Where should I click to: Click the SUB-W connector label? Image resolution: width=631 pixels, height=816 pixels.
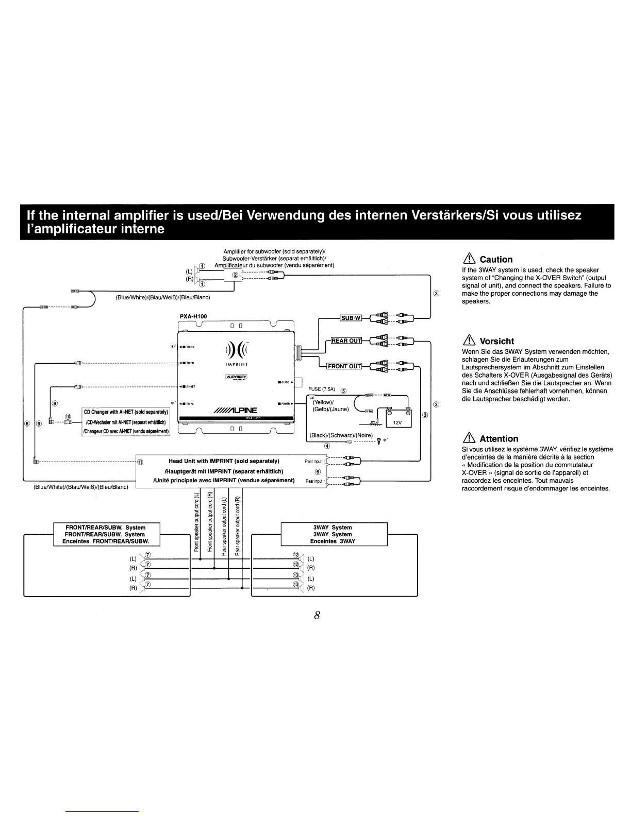[x=351, y=318]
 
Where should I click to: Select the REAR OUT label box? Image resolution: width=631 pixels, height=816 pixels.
[x=346, y=341]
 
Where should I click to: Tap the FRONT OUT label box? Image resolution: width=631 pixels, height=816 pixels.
[x=344, y=366]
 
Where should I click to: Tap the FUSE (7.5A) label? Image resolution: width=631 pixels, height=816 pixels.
[x=322, y=389]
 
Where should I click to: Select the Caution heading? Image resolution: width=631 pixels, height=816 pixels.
[x=495, y=260]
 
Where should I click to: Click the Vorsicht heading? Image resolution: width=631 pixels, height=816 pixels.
[x=496, y=341]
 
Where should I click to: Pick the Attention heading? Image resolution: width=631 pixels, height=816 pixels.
[x=499, y=439]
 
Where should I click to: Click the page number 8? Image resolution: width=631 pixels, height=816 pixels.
[x=317, y=615]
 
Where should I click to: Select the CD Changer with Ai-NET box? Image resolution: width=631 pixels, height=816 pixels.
[x=126, y=421]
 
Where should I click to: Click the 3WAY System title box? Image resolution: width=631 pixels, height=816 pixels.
[x=333, y=534]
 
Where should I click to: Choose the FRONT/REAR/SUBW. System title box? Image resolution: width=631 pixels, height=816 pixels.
[x=107, y=534]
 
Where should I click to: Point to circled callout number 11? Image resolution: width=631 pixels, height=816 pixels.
[x=140, y=462]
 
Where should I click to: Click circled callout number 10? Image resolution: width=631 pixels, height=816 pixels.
[x=68, y=416]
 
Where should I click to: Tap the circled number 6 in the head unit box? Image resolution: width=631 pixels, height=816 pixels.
[x=318, y=471]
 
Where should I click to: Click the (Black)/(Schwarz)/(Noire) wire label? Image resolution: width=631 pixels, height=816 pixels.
[x=341, y=435]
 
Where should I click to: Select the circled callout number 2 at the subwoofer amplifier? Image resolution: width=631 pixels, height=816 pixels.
[x=236, y=275]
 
